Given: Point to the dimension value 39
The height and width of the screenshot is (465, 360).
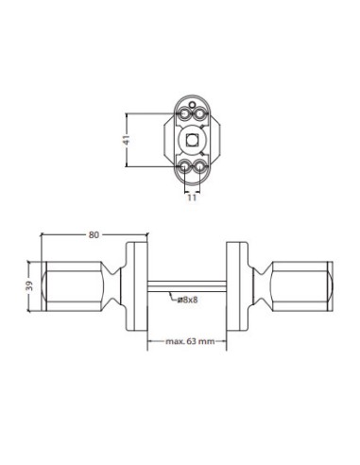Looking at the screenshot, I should click(31, 285).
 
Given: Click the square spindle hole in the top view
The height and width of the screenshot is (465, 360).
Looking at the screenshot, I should click(193, 140).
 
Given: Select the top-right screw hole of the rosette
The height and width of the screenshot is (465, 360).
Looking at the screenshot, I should click(199, 114).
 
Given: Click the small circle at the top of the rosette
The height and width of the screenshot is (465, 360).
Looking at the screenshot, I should click(193, 102).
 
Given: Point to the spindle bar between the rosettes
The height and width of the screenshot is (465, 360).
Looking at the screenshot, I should click(186, 284).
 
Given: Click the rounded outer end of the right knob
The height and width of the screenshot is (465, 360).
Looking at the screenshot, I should click(331, 284).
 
